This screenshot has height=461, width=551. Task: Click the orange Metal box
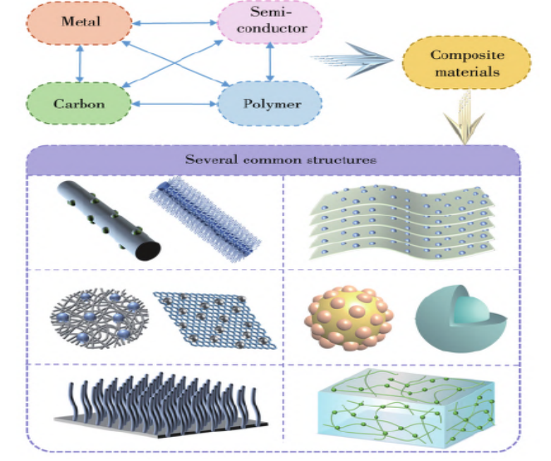[x=80, y=22]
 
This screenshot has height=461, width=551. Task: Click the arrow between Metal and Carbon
[x=78, y=64]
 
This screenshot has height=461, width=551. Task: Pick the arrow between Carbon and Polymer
[x=174, y=104]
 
